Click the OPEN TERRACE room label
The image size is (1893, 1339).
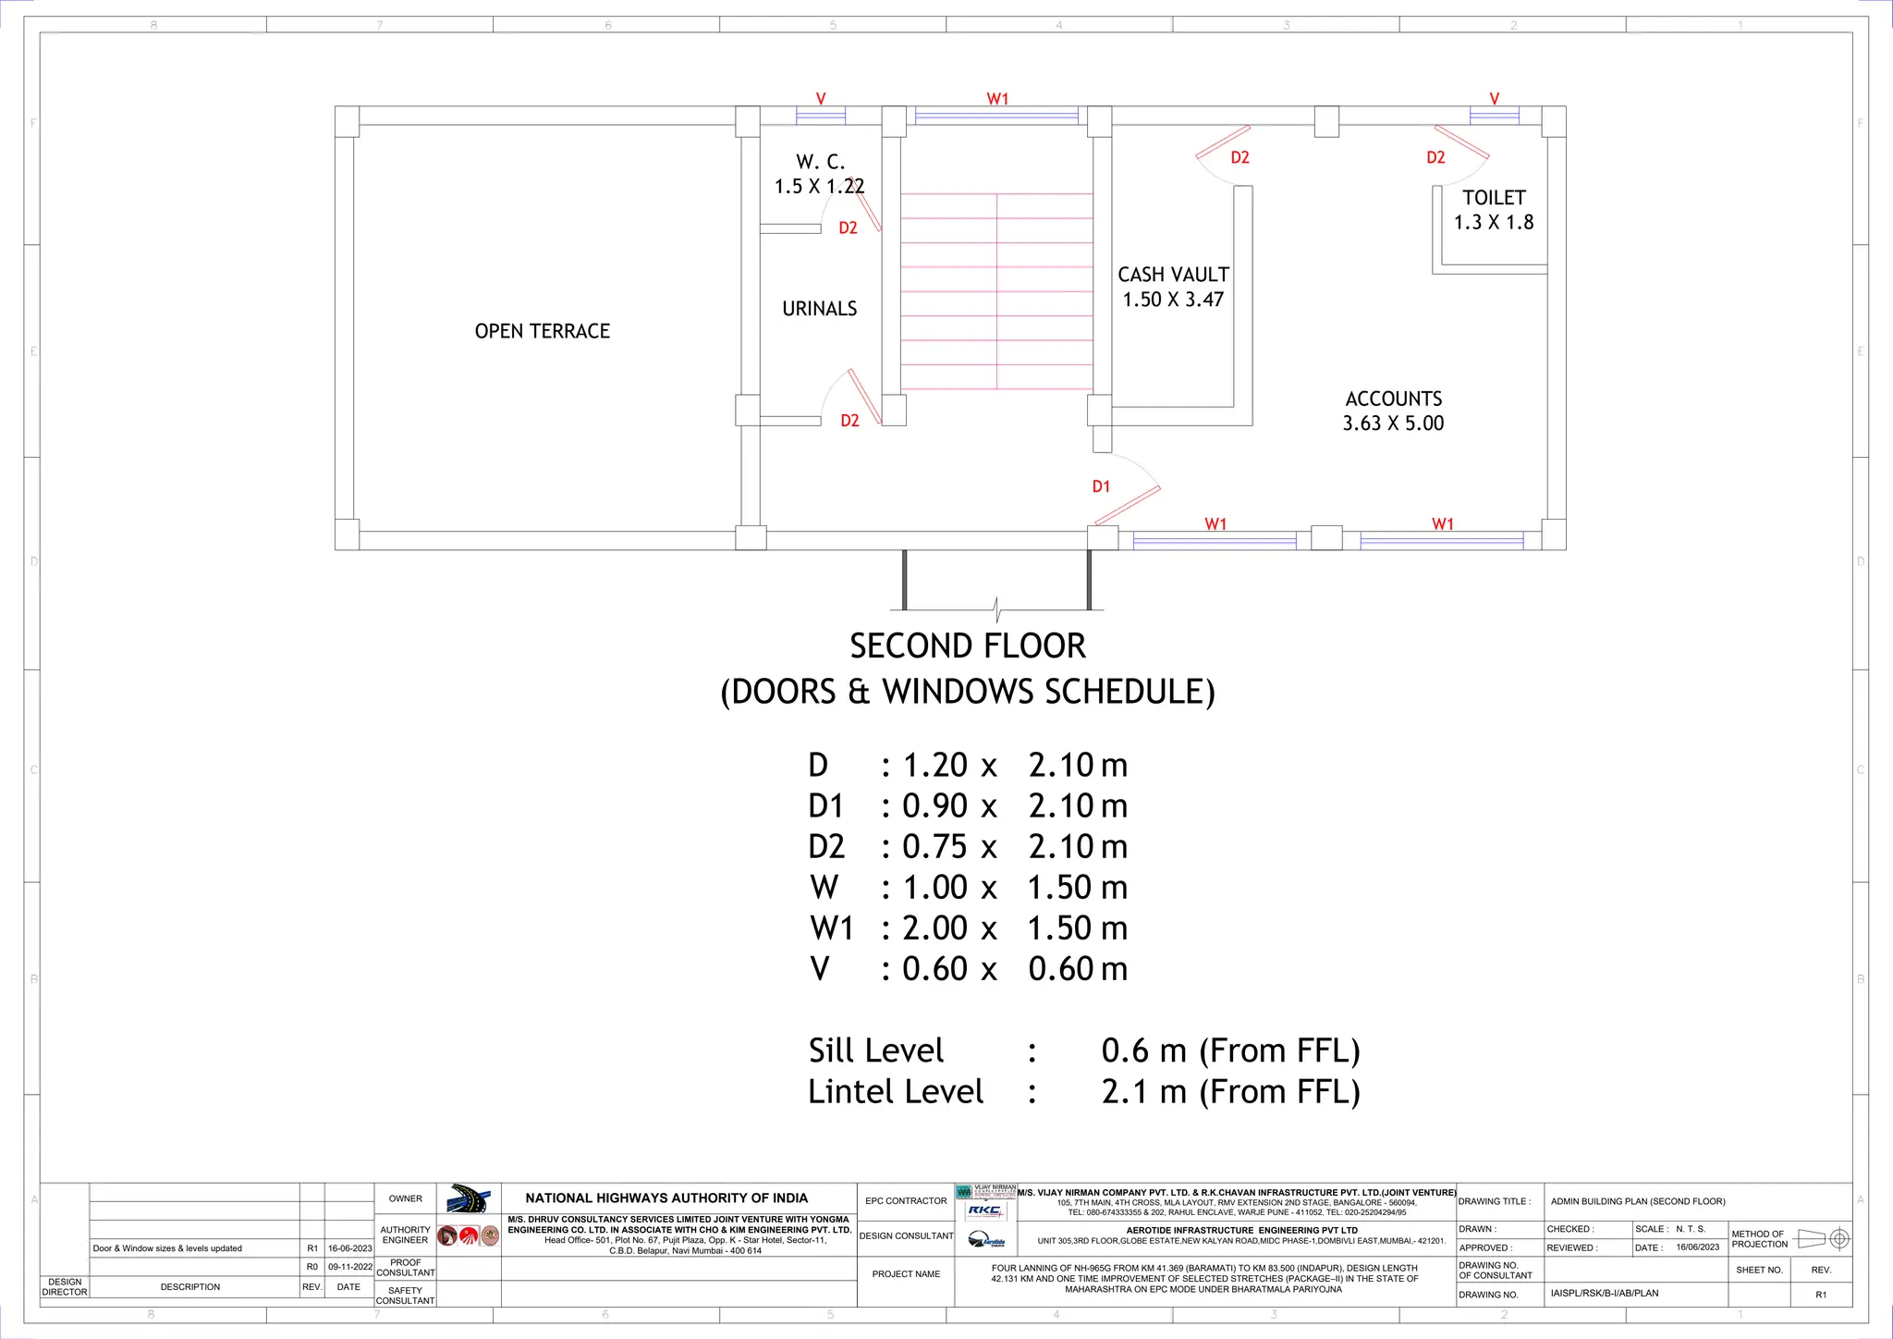[543, 331]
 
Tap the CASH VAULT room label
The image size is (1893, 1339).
[1173, 275]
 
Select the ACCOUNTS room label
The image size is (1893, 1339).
[1393, 399]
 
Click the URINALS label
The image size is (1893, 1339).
[819, 309]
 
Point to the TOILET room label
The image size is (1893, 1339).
[1494, 198]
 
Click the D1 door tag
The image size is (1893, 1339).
[1100, 486]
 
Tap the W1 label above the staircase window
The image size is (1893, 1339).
[997, 99]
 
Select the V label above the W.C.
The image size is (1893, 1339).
[821, 99]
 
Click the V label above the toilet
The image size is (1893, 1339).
[1494, 99]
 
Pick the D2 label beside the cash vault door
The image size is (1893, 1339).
[1240, 158]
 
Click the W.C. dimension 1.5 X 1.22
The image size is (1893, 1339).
[819, 187]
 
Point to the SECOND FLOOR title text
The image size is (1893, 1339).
[967, 646]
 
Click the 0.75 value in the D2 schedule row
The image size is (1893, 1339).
[934, 847]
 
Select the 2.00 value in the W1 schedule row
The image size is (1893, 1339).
[934, 928]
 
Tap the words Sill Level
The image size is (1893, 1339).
[875, 1051]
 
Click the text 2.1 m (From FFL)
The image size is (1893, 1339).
[1230, 1092]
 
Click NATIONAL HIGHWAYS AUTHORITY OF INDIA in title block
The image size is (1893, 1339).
[666, 1198]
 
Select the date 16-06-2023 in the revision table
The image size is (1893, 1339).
[349, 1248]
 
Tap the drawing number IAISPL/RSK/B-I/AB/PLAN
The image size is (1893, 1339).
[1604, 1294]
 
